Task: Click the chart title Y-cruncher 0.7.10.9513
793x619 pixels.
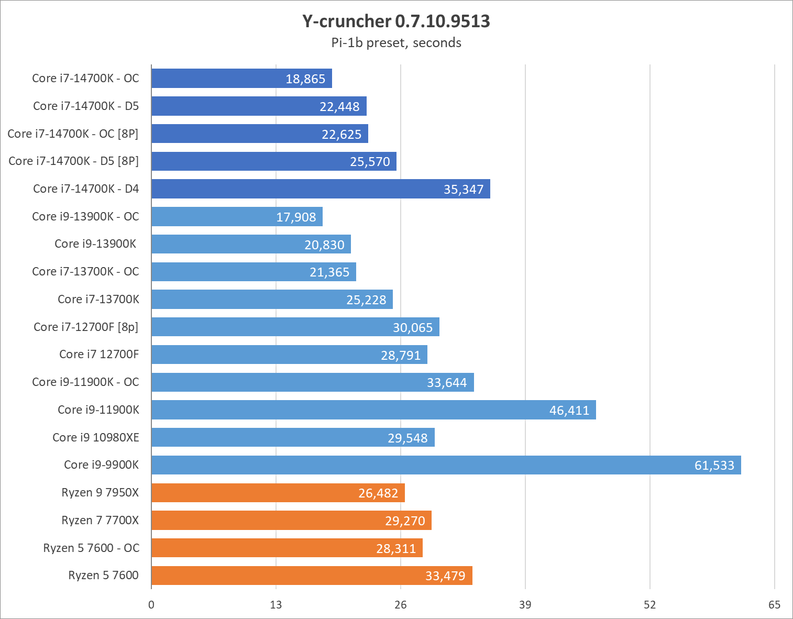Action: (x=396, y=21)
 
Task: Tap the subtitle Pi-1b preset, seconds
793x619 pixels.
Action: (x=396, y=43)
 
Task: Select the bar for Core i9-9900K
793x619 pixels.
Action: (x=446, y=465)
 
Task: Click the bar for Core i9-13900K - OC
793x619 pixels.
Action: (x=237, y=217)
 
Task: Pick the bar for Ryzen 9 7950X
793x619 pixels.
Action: (x=278, y=493)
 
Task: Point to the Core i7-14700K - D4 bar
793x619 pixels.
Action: (x=321, y=189)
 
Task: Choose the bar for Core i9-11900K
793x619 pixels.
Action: (x=373, y=410)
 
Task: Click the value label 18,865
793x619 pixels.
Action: (x=305, y=79)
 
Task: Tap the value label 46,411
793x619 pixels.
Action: (x=569, y=411)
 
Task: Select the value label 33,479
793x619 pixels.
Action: (x=445, y=576)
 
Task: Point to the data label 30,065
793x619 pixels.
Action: (x=413, y=328)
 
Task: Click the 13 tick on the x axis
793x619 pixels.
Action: (x=276, y=605)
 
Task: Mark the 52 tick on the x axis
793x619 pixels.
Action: (x=649, y=605)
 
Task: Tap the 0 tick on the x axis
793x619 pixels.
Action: (x=151, y=605)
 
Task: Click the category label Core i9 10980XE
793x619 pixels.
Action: (x=96, y=437)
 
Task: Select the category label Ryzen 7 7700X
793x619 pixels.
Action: (x=100, y=520)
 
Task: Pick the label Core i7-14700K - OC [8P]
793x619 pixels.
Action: (x=73, y=134)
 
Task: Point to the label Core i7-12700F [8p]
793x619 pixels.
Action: (x=86, y=327)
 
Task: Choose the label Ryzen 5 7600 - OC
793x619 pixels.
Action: (x=91, y=548)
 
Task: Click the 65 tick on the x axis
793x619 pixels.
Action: (x=774, y=605)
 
